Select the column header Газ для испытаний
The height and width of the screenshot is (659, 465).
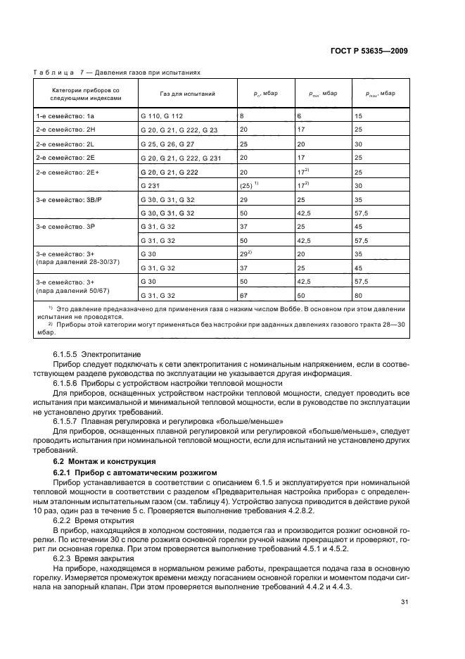(177, 94)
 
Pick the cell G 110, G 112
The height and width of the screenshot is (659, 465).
(162, 115)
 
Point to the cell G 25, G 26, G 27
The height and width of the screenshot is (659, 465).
(167, 144)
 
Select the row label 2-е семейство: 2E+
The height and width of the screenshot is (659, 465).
(62, 172)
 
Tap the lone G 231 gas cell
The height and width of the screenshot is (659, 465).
(151, 186)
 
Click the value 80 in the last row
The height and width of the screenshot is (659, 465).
(359, 296)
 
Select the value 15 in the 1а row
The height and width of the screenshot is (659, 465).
(359, 115)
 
